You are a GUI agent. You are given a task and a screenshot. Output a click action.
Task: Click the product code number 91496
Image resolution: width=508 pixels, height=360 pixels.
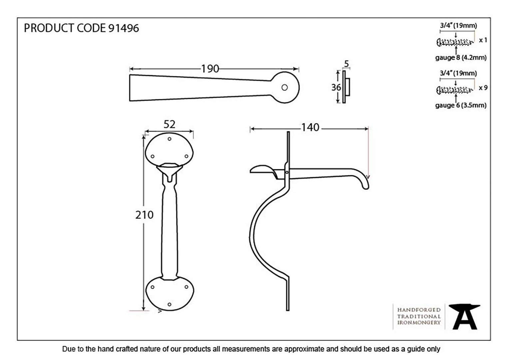click(124, 28)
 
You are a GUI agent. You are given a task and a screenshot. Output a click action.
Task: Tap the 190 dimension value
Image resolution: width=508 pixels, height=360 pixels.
click(210, 69)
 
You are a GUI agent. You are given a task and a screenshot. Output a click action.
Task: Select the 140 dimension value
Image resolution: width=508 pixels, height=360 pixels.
click(310, 127)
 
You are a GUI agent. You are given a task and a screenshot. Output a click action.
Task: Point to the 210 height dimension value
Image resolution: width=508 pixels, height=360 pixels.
click(144, 215)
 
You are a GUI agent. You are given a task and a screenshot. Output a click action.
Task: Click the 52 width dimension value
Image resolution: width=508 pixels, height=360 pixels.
click(170, 124)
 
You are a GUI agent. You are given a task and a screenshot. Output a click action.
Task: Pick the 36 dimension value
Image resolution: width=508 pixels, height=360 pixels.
click(336, 87)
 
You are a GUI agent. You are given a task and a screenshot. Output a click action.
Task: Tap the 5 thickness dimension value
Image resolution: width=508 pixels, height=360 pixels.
click(346, 64)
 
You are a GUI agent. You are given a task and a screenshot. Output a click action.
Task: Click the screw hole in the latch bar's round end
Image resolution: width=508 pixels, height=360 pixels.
click(284, 87)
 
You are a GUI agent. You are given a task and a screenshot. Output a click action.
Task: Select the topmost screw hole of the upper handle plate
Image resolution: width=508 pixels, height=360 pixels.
click(170, 139)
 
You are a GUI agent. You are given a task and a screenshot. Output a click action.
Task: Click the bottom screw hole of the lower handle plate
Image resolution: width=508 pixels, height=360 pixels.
click(170, 304)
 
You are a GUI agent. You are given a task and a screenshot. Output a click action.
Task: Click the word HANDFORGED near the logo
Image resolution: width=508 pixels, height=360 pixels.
click(419, 310)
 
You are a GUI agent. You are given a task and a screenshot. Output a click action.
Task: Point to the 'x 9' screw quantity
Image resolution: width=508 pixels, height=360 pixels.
click(483, 88)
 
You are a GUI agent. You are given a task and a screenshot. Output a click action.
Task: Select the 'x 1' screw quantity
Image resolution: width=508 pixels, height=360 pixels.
click(483, 40)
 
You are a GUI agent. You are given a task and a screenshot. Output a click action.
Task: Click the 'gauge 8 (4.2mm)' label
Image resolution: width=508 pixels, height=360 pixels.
click(461, 58)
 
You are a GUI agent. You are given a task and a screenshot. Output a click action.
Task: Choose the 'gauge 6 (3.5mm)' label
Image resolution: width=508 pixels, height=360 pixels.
click(461, 105)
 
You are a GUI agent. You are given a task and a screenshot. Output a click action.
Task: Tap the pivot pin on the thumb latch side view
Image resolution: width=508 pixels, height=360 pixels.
click(287, 173)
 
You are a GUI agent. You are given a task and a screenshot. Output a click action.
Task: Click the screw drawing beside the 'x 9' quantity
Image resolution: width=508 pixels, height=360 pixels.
click(455, 90)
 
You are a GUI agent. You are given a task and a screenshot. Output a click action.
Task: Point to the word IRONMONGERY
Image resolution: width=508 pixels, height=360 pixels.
click(419, 323)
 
